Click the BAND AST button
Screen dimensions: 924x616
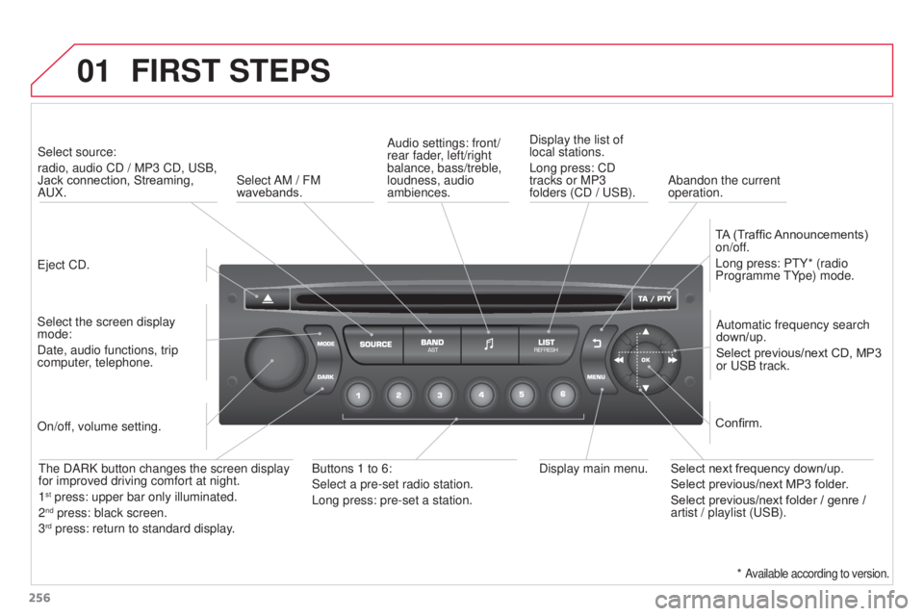coord(432,345)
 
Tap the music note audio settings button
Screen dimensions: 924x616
coord(490,345)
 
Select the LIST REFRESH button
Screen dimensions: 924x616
coord(547,345)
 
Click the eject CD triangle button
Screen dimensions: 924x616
coord(267,299)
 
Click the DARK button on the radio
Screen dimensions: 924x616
coord(323,375)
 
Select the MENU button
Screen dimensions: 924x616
coord(598,375)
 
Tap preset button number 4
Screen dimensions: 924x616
coord(481,395)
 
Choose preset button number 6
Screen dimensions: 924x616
coord(563,395)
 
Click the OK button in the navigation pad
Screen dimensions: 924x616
coord(646,360)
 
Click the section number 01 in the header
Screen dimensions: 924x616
coord(93,71)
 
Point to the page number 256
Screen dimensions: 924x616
coord(39,598)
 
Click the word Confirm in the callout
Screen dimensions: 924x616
coord(738,423)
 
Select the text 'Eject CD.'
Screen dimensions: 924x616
coord(64,266)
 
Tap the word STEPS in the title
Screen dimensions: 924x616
coord(280,71)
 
